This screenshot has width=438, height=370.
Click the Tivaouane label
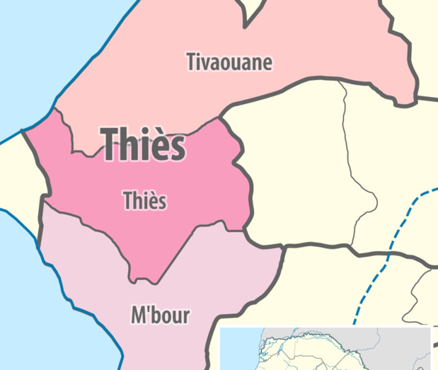(229, 62)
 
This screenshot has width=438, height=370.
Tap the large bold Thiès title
(144, 146)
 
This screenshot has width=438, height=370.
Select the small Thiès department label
(144, 201)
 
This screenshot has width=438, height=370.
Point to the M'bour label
(161, 314)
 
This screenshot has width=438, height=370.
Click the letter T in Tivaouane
(192, 62)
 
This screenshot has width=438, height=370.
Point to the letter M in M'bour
(139, 314)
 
